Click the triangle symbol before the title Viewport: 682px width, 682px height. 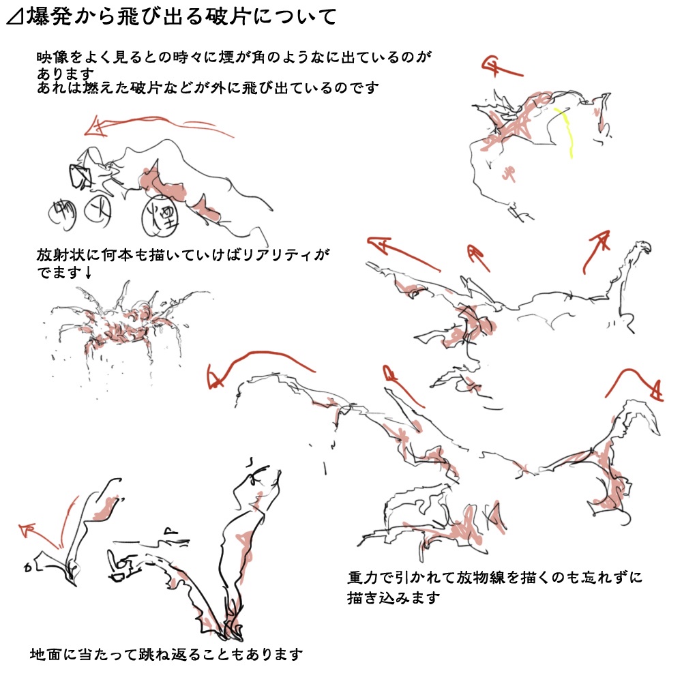[15, 18]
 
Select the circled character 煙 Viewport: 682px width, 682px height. [160, 216]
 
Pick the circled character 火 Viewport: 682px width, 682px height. [98, 211]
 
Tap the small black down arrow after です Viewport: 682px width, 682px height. [88, 272]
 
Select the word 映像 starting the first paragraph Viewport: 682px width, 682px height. [53, 57]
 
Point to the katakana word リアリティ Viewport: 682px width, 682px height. [278, 255]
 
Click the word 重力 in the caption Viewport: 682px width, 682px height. [364, 578]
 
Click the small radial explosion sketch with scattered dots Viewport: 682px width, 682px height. [123, 331]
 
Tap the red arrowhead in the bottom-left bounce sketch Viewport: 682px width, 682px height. [28, 529]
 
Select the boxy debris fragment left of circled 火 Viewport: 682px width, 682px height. [80, 176]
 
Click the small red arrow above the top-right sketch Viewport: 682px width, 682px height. [500, 68]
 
